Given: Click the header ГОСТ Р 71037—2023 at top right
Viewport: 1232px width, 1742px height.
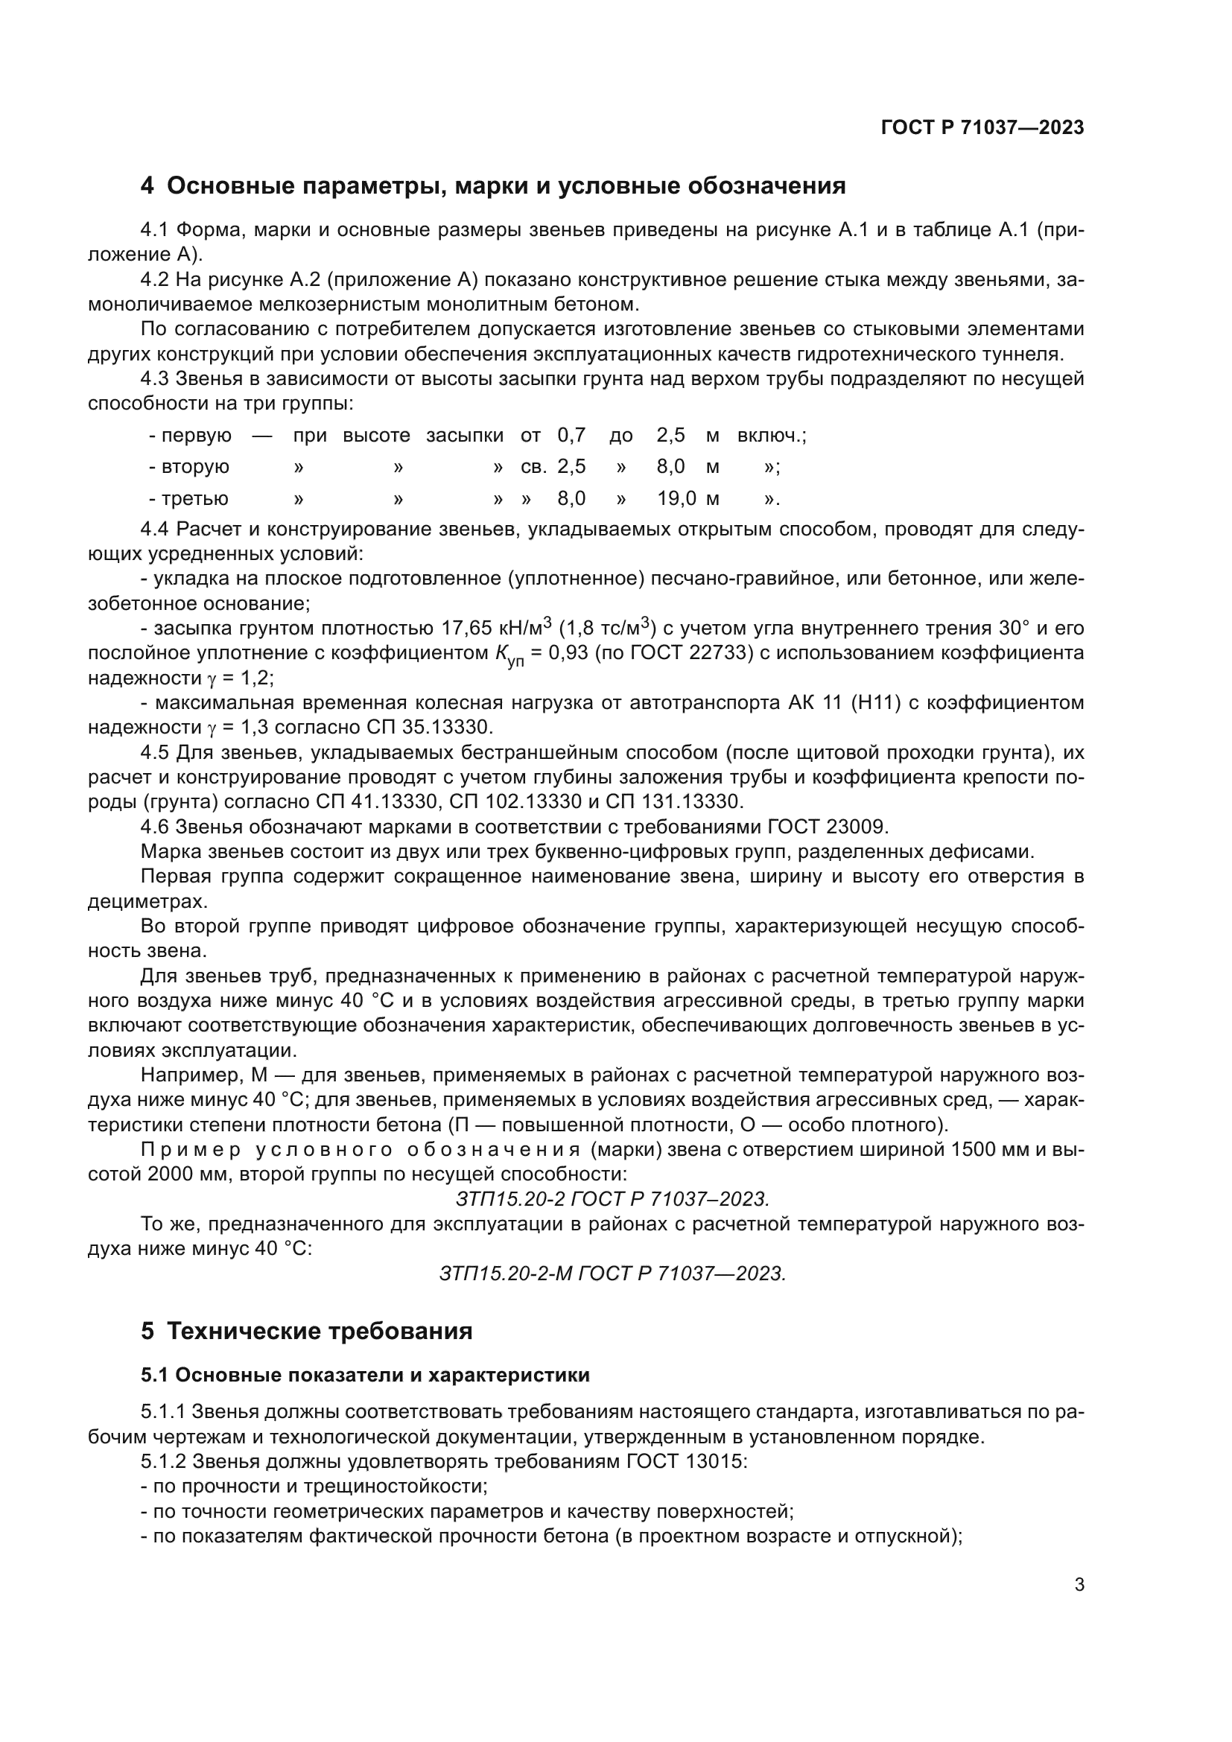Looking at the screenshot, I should pos(982,127).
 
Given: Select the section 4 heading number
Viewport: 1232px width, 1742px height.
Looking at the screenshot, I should pos(147,186).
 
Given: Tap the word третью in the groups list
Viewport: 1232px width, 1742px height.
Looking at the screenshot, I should pos(194,498).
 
